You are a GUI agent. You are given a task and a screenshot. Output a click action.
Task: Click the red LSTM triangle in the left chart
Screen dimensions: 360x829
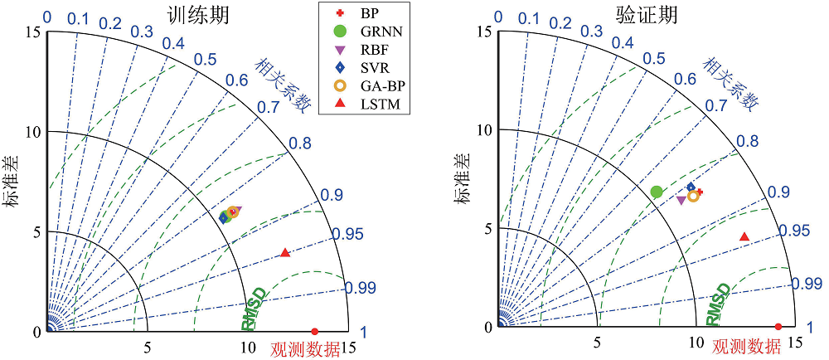click(286, 252)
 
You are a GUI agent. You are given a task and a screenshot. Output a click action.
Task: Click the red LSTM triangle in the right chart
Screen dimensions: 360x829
click(744, 237)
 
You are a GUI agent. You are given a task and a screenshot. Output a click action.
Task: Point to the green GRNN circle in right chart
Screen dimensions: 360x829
click(657, 192)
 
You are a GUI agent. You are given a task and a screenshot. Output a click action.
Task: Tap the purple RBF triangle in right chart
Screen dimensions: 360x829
click(681, 200)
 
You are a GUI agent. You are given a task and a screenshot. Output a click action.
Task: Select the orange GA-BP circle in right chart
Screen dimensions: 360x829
click(693, 196)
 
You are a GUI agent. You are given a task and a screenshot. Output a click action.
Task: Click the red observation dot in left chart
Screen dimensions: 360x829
click(314, 331)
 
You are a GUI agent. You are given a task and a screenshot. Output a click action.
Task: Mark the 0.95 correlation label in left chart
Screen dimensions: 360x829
click(348, 235)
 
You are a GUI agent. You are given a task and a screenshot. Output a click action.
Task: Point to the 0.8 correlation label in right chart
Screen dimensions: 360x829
click(748, 141)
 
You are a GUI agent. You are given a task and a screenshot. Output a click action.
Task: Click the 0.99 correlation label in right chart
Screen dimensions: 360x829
click(807, 285)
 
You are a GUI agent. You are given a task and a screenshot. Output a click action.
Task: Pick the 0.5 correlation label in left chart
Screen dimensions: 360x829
click(205, 59)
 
